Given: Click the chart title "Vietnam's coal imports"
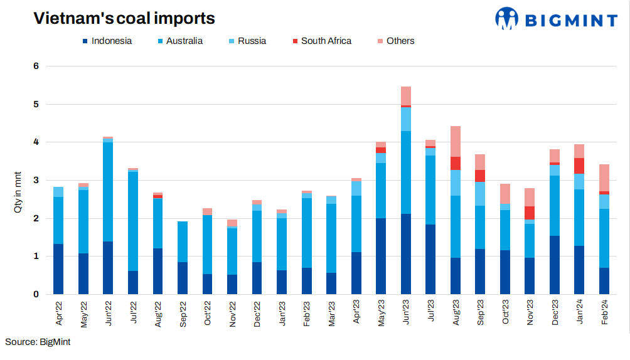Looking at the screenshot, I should click(124, 19).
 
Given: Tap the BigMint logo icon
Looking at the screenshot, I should click(507, 18).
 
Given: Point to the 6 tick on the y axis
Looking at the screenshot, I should click(36, 66).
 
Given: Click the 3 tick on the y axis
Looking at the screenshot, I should click(36, 180).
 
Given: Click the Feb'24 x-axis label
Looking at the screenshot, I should click(604, 312).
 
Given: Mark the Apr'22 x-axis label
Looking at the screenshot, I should click(58, 312).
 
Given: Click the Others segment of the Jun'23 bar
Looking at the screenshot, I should click(406, 95).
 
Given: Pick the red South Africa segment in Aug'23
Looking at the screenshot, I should click(456, 163).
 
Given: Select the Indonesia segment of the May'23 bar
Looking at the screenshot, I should click(381, 256).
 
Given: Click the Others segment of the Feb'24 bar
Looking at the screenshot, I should click(604, 177).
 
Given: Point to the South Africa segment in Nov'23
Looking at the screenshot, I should click(530, 213).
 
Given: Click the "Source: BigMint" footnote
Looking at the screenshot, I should click(38, 342).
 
